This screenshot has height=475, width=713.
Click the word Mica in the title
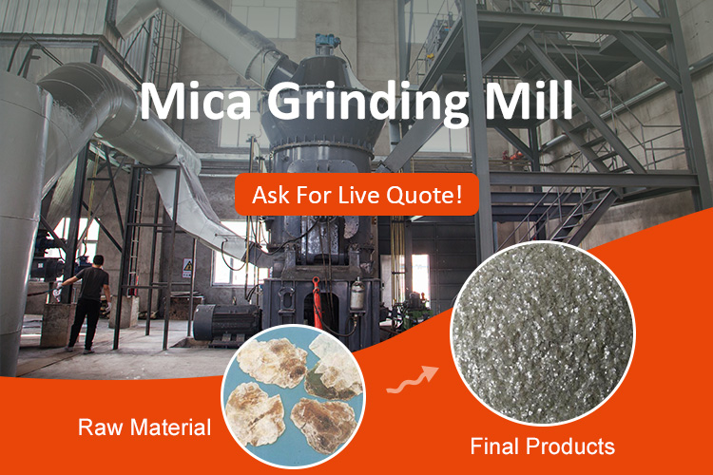(196, 101)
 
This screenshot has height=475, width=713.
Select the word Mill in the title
(529, 100)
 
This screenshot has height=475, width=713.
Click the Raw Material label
(145, 427)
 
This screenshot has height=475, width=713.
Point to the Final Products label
(543, 446)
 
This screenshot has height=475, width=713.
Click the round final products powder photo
(543, 333)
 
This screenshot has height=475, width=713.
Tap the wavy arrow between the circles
(413, 380)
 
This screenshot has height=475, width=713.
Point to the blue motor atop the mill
(327, 41)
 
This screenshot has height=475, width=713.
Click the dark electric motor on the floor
(225, 323)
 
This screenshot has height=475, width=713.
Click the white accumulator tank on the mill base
(357, 294)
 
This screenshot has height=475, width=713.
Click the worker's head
(98, 261)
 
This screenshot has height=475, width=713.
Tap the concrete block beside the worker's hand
(57, 325)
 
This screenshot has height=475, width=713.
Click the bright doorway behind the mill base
(420, 275)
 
